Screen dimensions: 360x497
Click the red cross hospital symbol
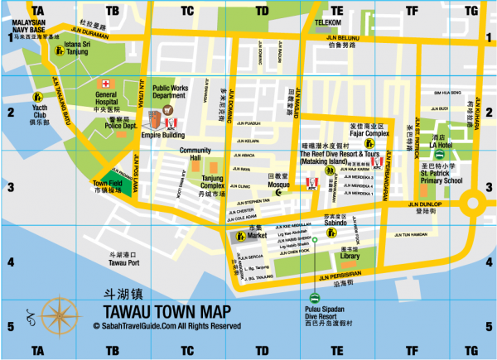pos(105,84)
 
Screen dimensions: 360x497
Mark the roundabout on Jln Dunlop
pos(475,203)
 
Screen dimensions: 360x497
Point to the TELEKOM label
pos(328,22)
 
